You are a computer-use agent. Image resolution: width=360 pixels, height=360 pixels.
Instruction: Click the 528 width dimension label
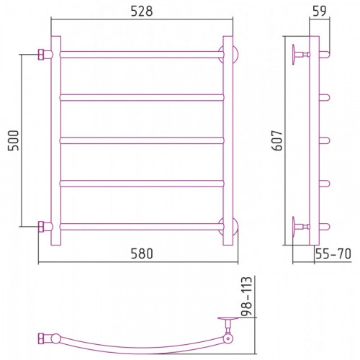[142, 12]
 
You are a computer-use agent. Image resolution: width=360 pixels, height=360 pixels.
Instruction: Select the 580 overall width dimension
[142, 253]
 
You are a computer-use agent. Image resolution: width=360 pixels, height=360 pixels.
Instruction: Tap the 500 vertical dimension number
[13, 140]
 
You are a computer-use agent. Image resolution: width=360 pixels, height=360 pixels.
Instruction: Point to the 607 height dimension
[276, 140]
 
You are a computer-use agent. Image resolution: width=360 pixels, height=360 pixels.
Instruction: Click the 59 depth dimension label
[320, 11]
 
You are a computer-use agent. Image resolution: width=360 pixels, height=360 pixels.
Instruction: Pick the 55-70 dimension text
[333, 253]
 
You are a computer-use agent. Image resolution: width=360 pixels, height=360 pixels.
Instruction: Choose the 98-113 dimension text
[247, 296]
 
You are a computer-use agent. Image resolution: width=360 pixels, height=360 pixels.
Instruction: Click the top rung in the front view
[142, 55]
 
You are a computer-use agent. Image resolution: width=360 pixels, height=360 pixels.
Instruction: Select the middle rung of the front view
[142, 140]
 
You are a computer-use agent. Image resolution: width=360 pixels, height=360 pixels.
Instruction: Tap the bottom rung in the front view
[142, 227]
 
